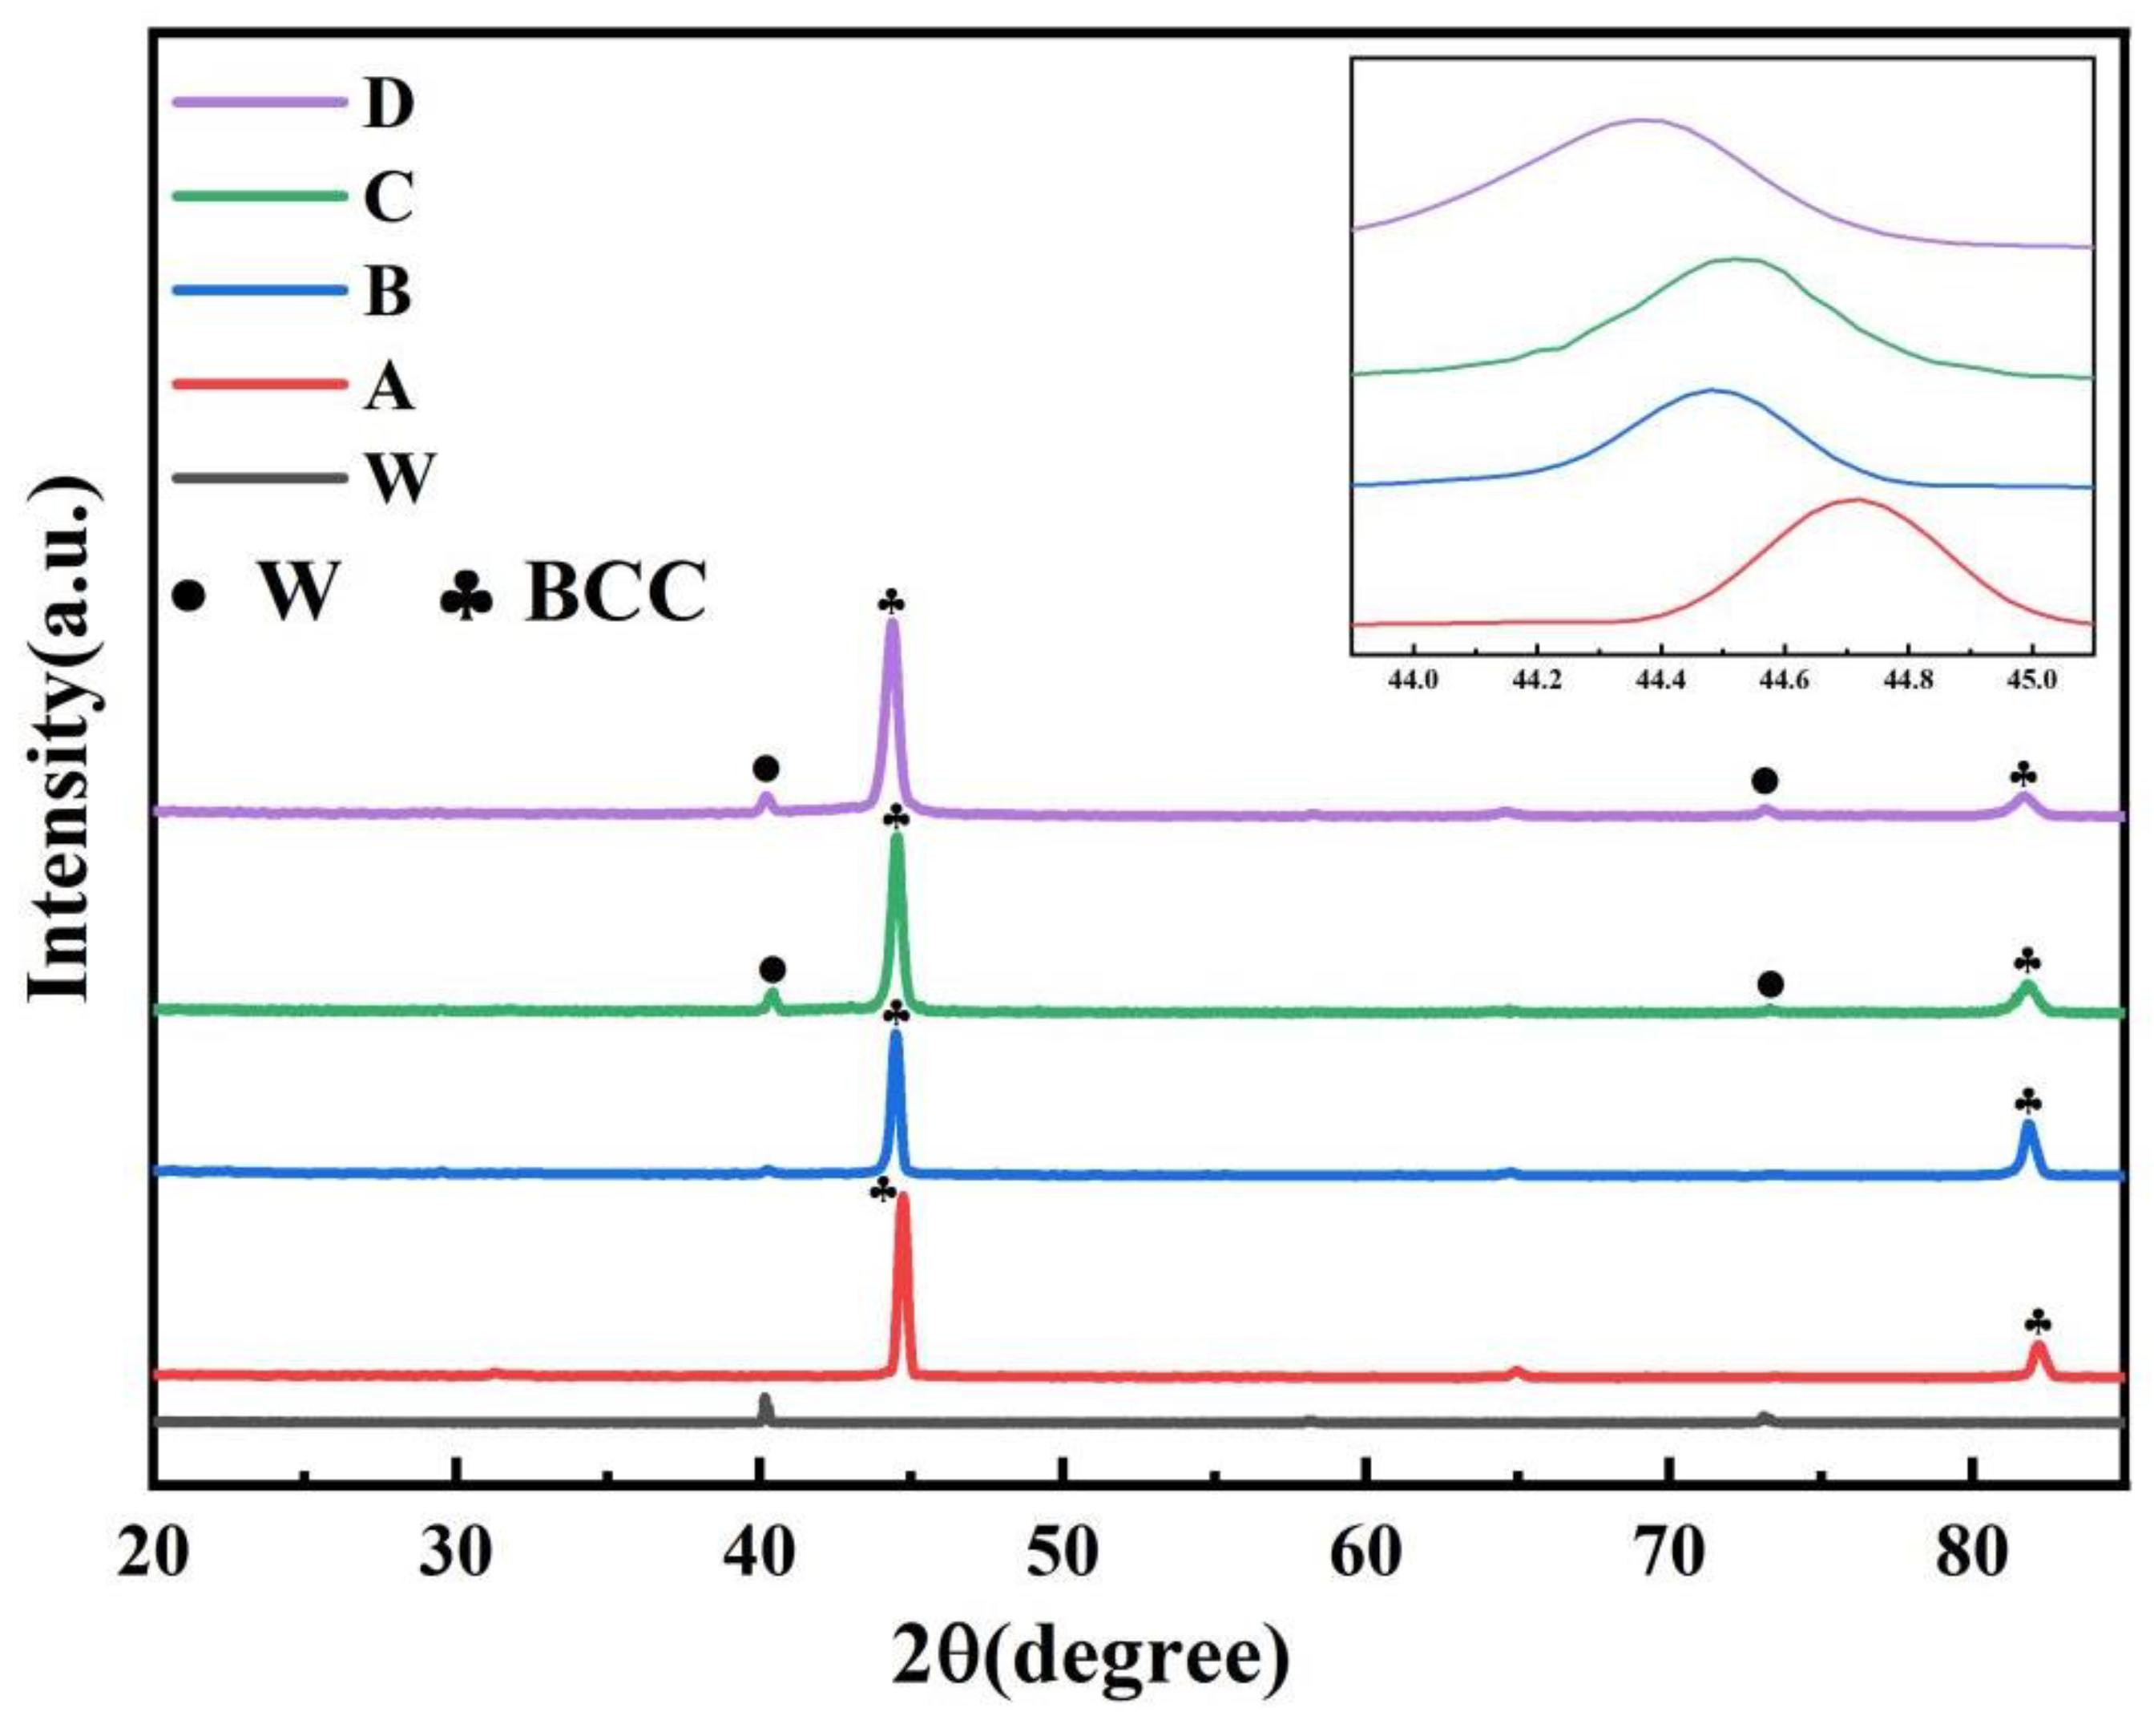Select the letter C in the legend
point(389,198)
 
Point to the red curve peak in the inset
point(1858,499)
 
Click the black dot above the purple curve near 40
point(765,769)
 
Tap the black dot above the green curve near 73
point(1769,985)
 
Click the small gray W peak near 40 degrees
point(765,1403)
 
